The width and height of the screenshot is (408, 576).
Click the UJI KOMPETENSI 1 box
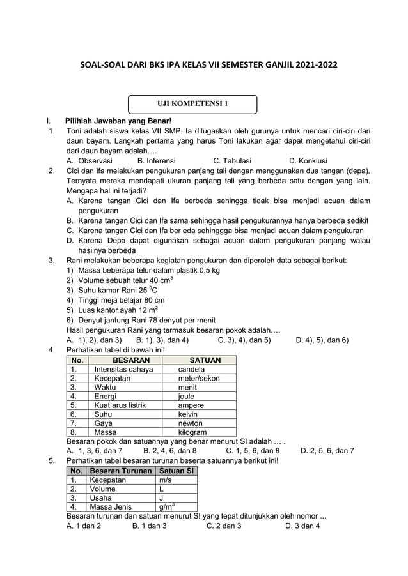[192, 104]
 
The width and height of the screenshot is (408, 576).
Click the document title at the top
[204, 66]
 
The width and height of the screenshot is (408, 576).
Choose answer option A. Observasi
[90, 161]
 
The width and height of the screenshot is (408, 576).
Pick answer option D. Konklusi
[308, 161]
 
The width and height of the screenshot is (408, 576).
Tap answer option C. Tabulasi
[232, 161]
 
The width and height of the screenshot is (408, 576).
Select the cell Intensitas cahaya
[123, 369]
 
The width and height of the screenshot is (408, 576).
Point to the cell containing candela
[191, 369]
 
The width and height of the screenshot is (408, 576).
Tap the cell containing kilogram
[192, 432]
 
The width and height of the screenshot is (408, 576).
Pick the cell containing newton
[190, 423]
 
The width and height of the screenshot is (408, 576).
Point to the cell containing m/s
[165, 480]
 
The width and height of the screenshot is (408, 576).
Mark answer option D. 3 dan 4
[302, 526]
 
